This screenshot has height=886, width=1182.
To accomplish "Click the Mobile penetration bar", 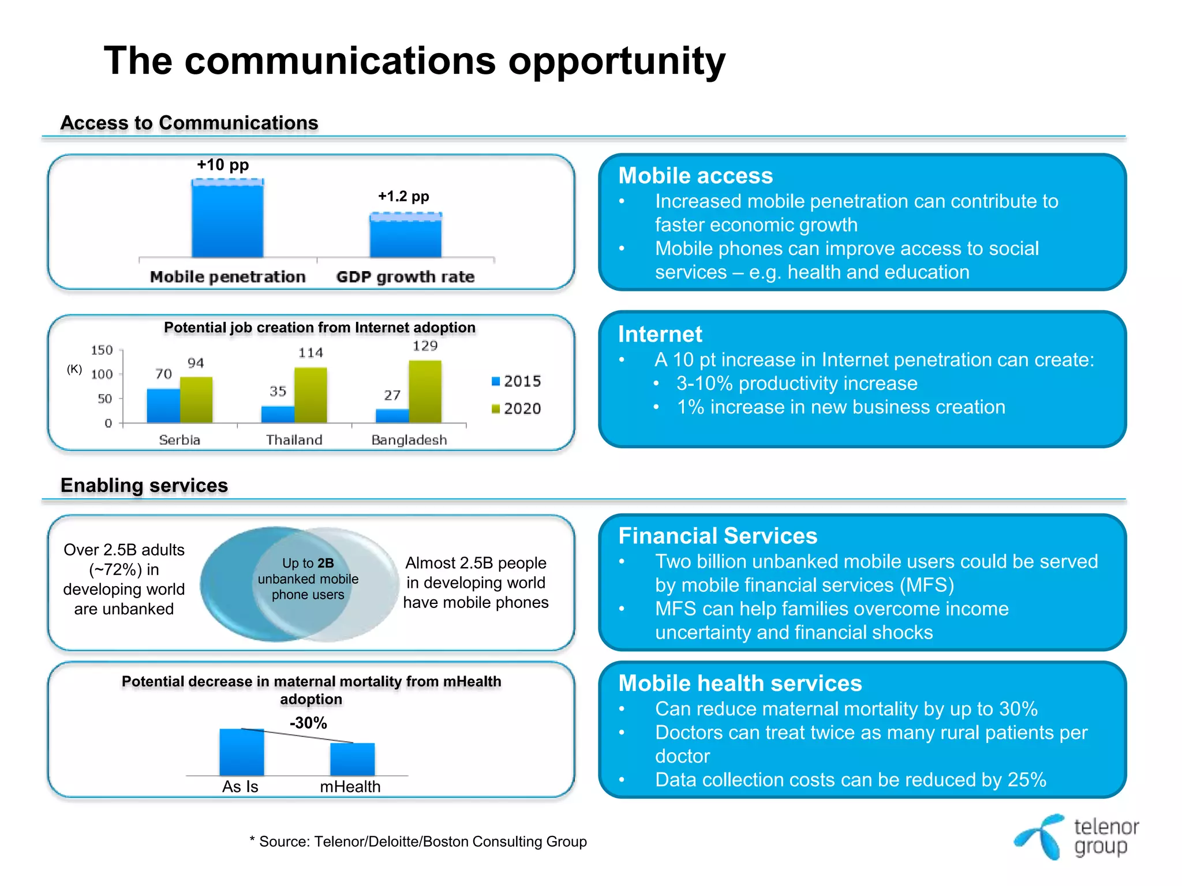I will tap(227, 219).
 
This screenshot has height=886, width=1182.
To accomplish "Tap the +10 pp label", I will tap(223, 165).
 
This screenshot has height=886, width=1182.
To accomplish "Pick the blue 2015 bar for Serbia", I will tap(163, 406).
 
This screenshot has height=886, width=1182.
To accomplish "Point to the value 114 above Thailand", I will tap(311, 353).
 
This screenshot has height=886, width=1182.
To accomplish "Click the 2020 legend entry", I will tap(517, 408).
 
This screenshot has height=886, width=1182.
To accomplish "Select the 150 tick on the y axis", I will tap(102, 350).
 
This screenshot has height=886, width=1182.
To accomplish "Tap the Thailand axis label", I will tap(294, 440).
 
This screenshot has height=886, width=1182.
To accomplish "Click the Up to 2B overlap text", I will tap(308, 579).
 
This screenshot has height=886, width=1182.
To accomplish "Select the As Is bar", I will tap(241, 752).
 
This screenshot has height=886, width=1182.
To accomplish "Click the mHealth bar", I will tap(352, 759).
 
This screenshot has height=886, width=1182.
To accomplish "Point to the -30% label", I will tap(308, 723).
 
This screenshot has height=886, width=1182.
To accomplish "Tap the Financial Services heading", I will tap(717, 536).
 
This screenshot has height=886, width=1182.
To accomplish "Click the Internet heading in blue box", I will tap(660, 335).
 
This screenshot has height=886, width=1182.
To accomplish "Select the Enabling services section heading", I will tap(144, 486).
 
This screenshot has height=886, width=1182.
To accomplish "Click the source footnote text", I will tap(418, 842).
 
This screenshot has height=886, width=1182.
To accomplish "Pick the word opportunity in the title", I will tap(616, 61).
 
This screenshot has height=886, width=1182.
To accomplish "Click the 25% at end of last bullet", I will tap(1026, 780).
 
